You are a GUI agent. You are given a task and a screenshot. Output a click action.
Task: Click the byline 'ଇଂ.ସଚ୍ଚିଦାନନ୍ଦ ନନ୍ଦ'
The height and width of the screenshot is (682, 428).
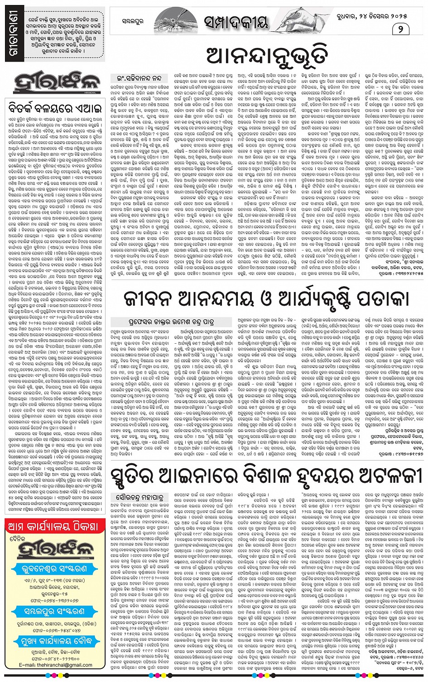coord(139,78)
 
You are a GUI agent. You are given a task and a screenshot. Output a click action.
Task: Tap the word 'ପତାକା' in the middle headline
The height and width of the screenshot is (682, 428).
coord(380,299)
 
